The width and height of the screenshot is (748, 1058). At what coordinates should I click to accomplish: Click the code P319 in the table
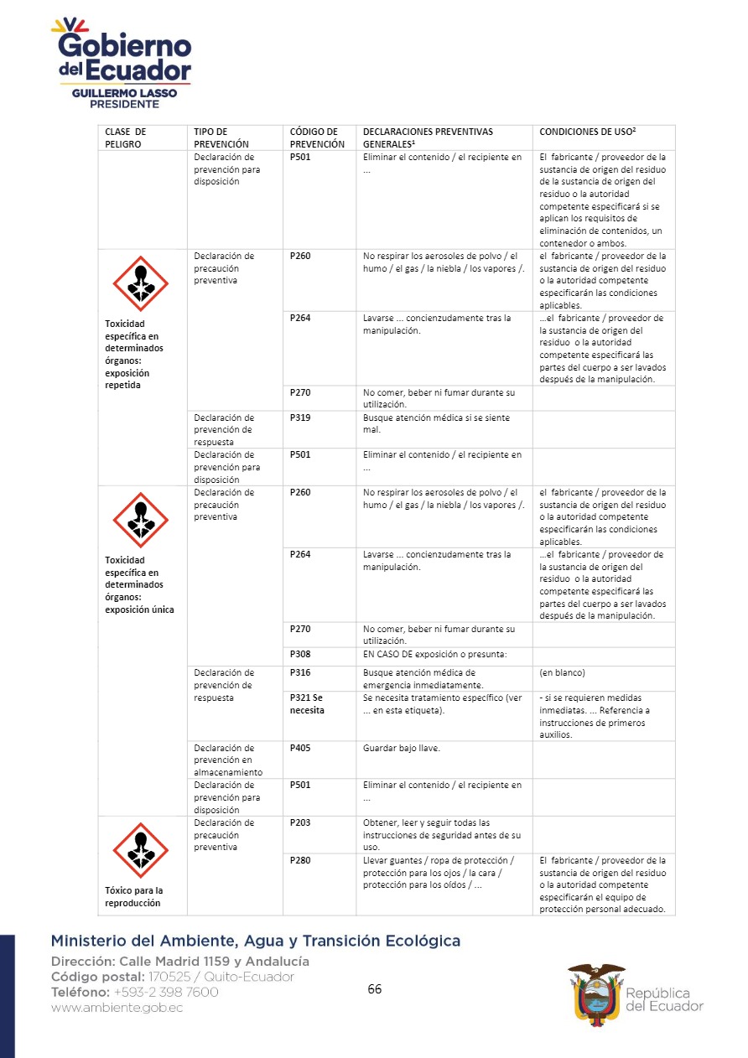[300, 417]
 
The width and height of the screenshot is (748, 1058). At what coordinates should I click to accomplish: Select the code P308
[300, 654]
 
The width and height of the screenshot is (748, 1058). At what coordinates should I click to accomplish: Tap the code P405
[300, 748]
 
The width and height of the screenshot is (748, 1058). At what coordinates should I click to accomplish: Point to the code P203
[300, 822]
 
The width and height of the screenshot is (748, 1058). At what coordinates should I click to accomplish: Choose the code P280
[300, 860]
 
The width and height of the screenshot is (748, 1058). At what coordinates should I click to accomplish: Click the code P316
[300, 672]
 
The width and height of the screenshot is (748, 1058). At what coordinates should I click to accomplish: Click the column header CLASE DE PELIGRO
[125, 137]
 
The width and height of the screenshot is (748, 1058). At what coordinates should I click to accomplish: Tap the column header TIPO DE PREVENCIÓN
[221, 137]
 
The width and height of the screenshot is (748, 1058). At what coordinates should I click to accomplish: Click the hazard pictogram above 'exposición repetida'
[141, 283]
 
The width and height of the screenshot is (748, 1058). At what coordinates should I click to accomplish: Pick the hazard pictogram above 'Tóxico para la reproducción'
[141, 850]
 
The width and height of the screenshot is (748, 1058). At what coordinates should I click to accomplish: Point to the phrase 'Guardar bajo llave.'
[401, 748]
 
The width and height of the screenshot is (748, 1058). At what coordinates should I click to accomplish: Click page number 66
[375, 989]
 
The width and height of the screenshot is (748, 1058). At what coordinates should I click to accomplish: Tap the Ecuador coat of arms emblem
[596, 991]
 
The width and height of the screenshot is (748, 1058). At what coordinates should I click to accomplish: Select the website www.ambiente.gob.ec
[117, 1008]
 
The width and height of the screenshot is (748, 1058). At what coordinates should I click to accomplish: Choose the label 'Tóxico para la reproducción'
[134, 896]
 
